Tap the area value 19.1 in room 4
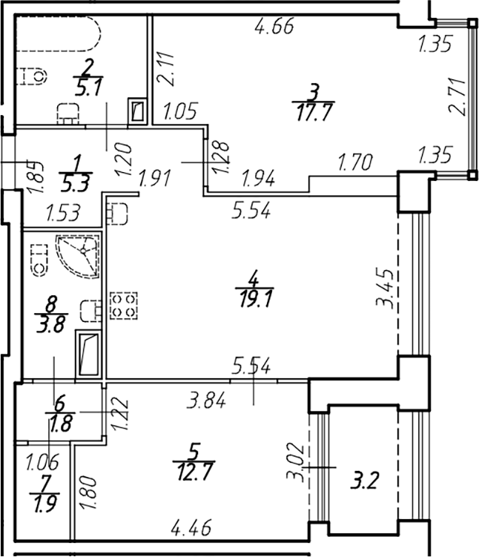point(255,299)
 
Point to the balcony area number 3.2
point(365,481)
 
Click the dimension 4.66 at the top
point(274,26)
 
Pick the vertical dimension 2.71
point(457,96)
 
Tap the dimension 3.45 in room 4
point(386,289)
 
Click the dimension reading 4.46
point(191,527)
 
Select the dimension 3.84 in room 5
point(206,401)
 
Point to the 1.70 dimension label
point(355,162)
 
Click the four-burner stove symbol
point(124,305)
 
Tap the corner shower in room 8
point(78,255)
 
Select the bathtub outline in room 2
point(59,34)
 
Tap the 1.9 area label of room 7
point(45,504)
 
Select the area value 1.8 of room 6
point(61,424)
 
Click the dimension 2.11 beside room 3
point(166,69)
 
